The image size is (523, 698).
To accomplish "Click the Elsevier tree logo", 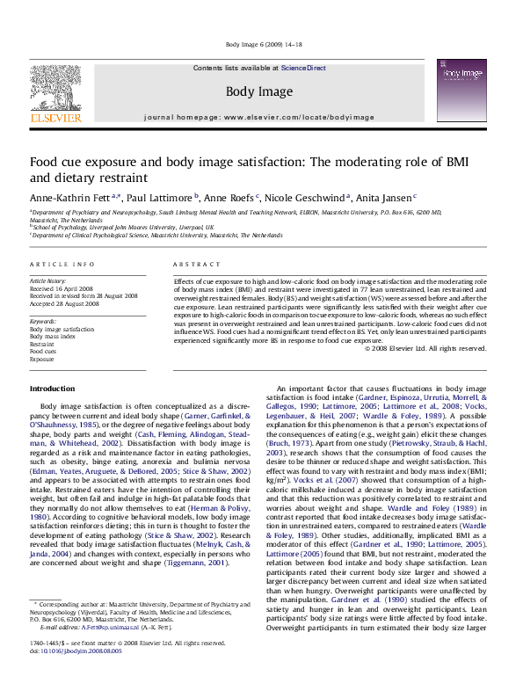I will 55,91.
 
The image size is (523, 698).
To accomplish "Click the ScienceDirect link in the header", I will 303,68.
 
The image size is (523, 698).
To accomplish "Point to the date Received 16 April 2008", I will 61,288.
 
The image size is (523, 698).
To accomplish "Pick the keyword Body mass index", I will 52,336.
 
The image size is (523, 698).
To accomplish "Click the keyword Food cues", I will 44,352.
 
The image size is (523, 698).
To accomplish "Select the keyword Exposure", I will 42,360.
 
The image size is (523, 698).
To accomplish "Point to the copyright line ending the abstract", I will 425,348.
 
